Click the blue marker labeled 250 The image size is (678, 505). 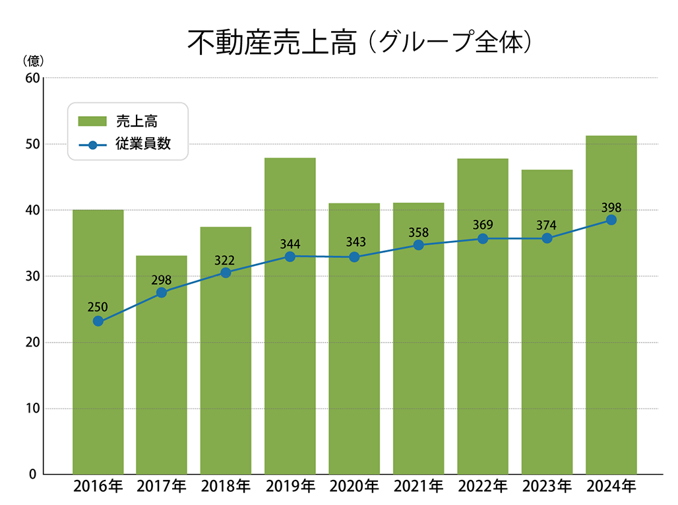pyautogui.click(x=98, y=321)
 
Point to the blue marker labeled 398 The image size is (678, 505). pyautogui.click(x=611, y=220)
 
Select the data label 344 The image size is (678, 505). pyautogui.click(x=290, y=244)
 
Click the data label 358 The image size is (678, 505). pyautogui.click(x=418, y=232)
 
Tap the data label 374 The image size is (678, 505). pyautogui.click(x=546, y=225)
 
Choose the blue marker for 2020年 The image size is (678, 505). pyautogui.click(x=354, y=257)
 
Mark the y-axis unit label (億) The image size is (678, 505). pyautogui.click(x=33, y=61)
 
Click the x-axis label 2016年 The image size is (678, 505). pyautogui.click(x=98, y=487)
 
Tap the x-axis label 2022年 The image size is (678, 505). pyautogui.click(x=482, y=487)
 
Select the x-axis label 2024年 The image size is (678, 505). pyautogui.click(x=611, y=487)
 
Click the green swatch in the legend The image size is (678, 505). pyautogui.click(x=92, y=121)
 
